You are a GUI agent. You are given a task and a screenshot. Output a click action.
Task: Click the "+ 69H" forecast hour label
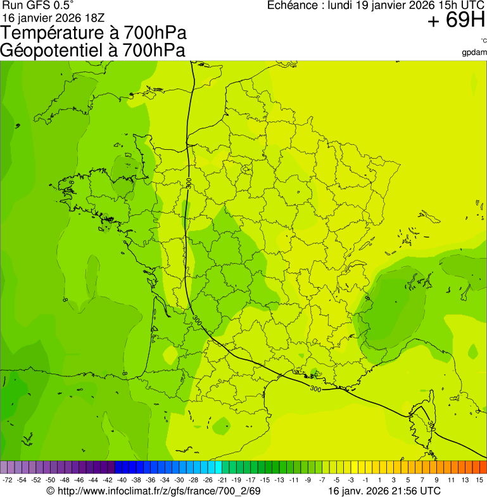click(x=456, y=21)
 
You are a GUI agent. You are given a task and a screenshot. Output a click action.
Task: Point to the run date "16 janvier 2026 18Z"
click(x=53, y=17)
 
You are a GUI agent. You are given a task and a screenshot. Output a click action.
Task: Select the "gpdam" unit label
click(x=474, y=52)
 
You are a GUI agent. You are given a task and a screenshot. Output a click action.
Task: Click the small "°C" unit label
click(x=483, y=40)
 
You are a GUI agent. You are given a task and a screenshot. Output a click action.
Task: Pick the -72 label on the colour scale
click(x=8, y=480)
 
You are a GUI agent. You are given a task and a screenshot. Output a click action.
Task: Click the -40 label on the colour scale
click(x=122, y=480)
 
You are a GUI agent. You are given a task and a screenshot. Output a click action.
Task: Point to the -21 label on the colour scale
click(x=222, y=480)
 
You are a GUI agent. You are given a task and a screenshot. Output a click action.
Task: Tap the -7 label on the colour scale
click(x=322, y=480)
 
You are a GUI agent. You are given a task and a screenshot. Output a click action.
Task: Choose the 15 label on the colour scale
click(x=479, y=480)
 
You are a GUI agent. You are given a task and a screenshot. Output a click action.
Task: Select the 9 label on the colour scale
click(x=436, y=480)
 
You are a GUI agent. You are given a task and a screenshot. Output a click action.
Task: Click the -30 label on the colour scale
click(x=179, y=480)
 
